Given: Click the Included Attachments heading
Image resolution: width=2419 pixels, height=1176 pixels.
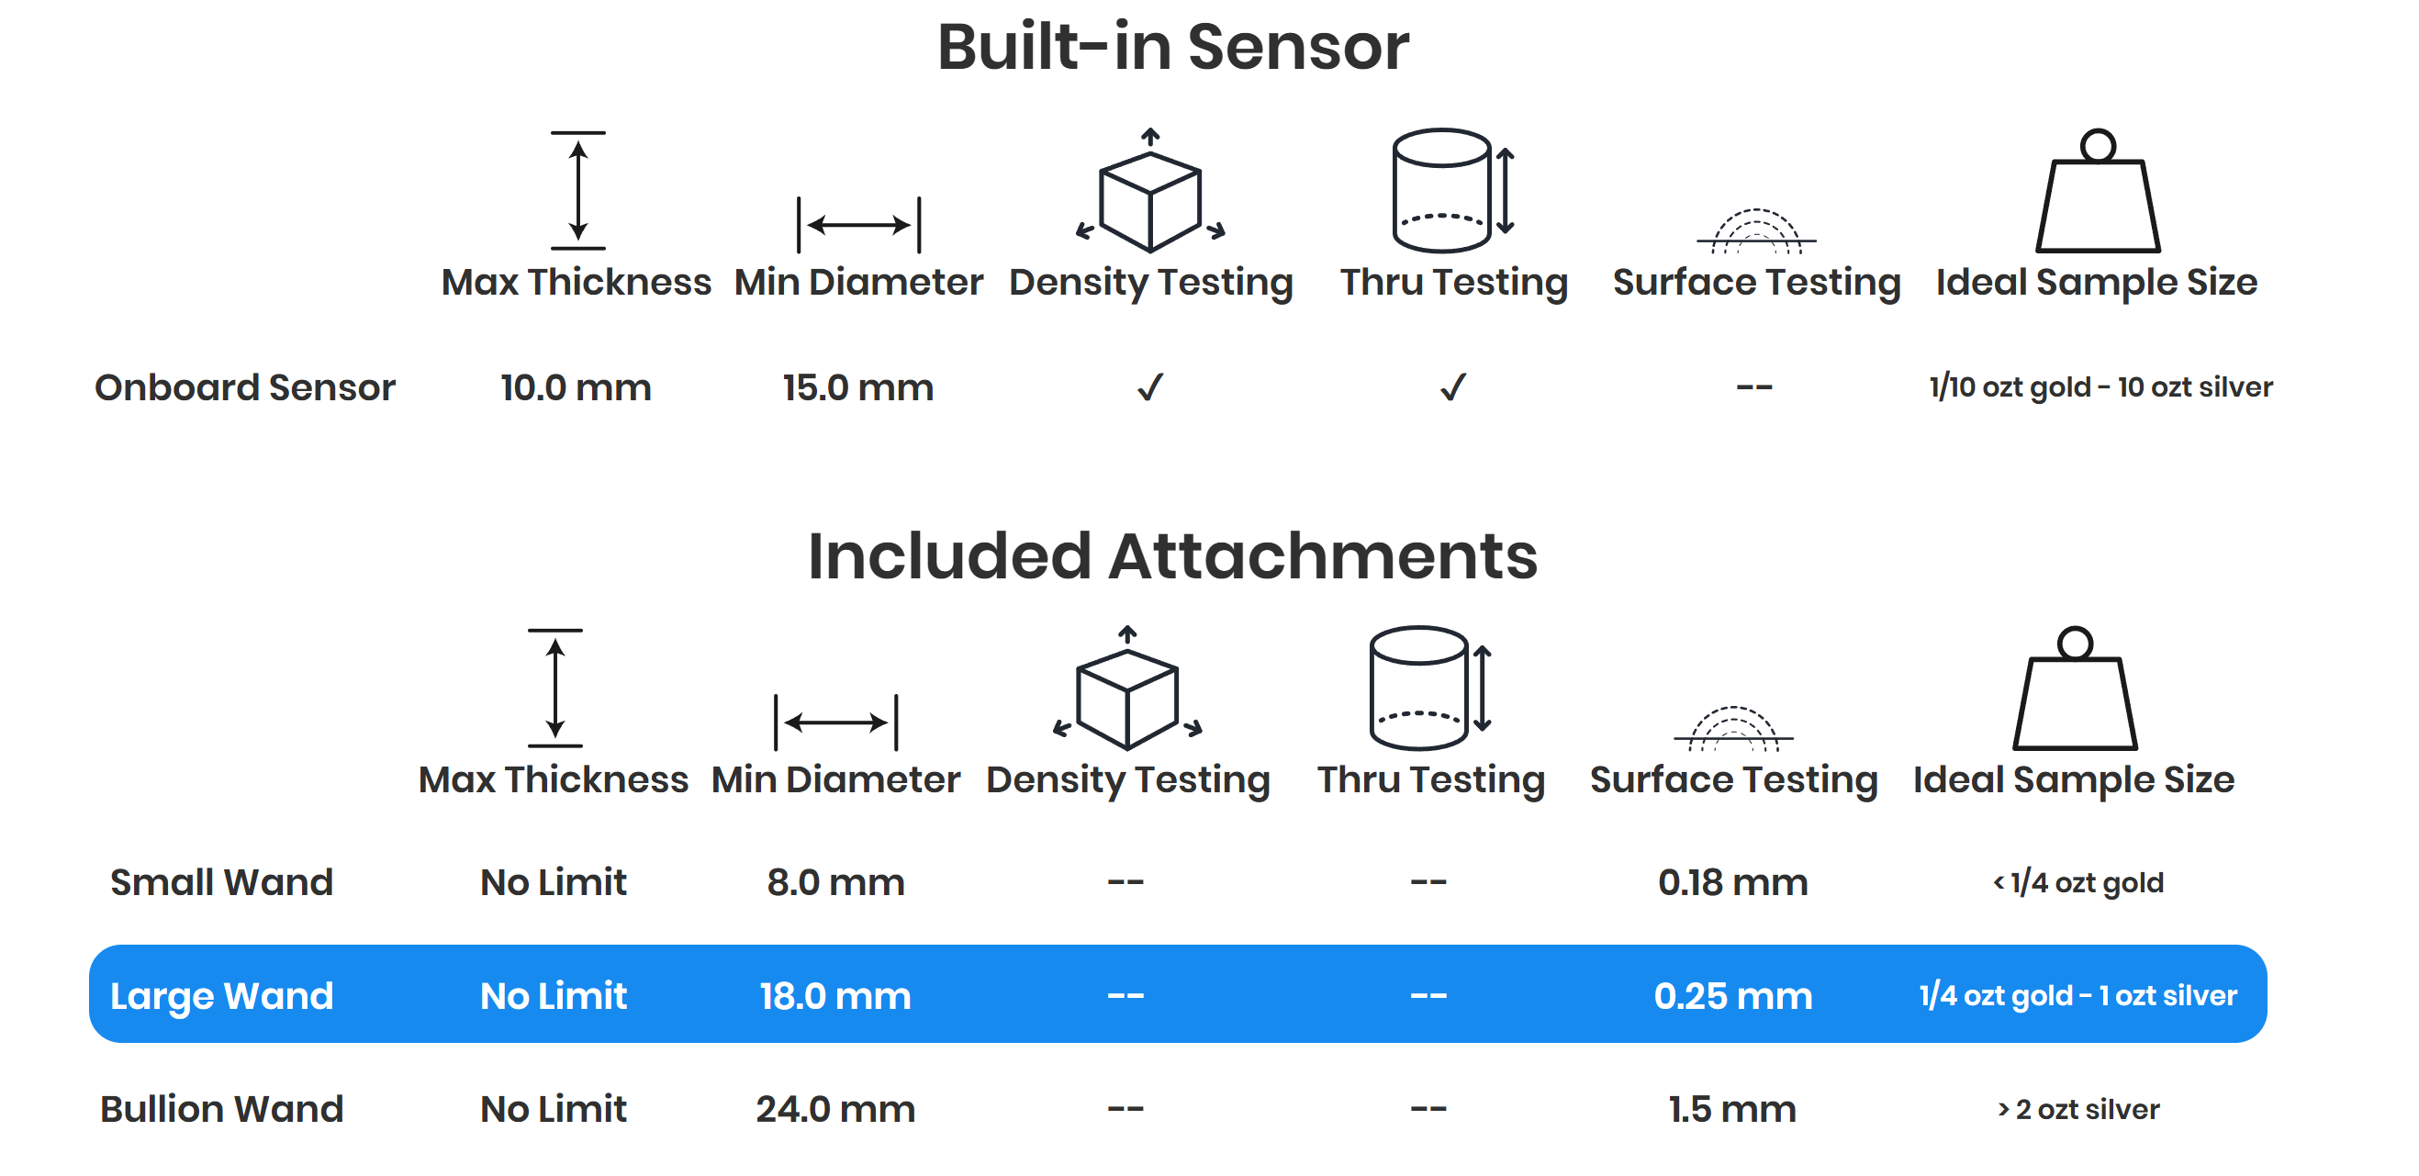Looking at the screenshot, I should [x=1173, y=556].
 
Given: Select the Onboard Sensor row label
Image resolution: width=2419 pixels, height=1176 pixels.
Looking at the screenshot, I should [x=245, y=387].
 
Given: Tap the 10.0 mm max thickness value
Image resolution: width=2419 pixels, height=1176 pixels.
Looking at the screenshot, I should [x=576, y=387].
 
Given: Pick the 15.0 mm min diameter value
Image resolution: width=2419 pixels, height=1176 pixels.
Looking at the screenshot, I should [x=858, y=387].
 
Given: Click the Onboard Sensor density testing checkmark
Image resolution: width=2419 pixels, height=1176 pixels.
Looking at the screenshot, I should [x=1150, y=387].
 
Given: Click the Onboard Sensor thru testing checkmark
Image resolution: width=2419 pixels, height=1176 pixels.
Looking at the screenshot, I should [x=1452, y=387].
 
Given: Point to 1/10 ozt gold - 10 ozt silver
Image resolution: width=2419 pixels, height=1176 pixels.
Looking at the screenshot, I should [x=2100, y=387].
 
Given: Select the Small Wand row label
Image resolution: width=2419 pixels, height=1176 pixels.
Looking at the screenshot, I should [x=221, y=882].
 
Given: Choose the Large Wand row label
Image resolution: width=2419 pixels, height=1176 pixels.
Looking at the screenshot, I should [x=221, y=996].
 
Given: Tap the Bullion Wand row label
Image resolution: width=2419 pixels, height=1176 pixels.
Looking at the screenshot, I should [x=221, y=1109].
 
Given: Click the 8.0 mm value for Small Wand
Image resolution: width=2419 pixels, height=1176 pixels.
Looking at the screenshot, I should [x=835, y=882].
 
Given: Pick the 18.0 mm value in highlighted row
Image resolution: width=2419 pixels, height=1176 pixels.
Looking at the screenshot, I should [x=835, y=996].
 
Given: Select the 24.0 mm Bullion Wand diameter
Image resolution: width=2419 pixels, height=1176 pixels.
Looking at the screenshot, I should [x=835, y=1109].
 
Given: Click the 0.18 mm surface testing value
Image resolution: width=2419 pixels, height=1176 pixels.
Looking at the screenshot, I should [x=1732, y=882].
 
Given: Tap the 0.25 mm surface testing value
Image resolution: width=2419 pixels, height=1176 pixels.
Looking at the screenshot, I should [x=1732, y=996].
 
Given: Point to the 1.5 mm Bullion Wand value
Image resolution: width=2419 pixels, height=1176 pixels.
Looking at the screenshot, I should [x=1732, y=1109].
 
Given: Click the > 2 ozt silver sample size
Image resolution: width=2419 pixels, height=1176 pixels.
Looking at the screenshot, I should [x=2078, y=1109].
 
